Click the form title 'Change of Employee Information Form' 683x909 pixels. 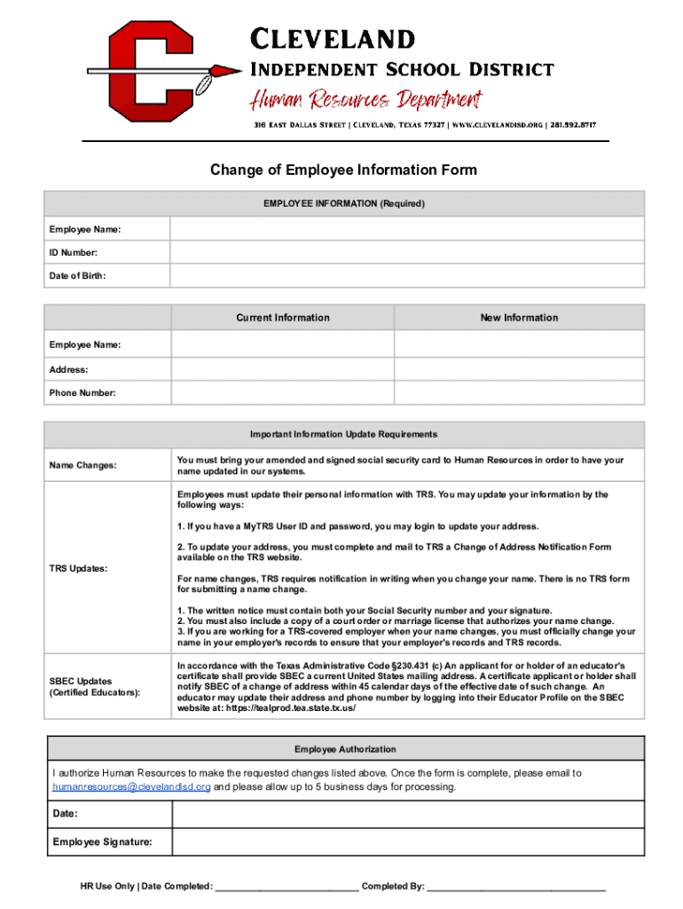point(342,170)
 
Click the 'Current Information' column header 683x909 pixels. point(282,318)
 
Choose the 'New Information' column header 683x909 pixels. point(519,318)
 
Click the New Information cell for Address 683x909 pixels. point(519,369)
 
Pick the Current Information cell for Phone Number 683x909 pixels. point(282,392)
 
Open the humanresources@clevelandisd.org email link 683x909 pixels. point(131,787)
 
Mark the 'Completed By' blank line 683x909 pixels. point(516,887)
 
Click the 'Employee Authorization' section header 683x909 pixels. point(345,749)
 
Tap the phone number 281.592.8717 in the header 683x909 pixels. point(573,125)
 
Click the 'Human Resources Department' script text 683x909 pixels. point(365,99)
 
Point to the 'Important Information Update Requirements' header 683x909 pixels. point(343,435)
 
